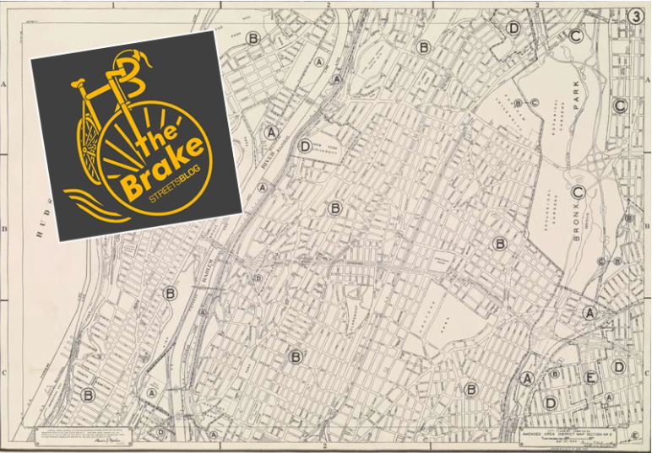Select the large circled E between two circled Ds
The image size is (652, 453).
pyautogui.click(x=591, y=377)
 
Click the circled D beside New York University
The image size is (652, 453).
pyautogui.click(x=305, y=146)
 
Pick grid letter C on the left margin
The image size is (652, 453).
pyautogui.click(x=5, y=369)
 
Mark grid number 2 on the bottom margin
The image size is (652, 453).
pyautogui.click(x=325, y=447)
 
